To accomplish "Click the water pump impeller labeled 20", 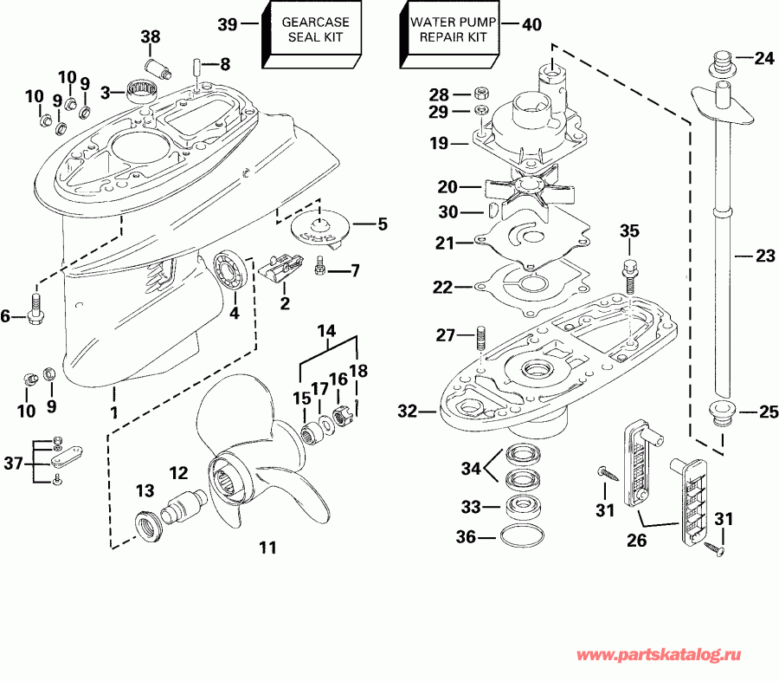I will point(527,187).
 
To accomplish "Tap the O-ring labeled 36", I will point(518,536).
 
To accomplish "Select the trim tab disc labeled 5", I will point(322,224).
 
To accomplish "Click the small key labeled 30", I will point(493,211).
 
